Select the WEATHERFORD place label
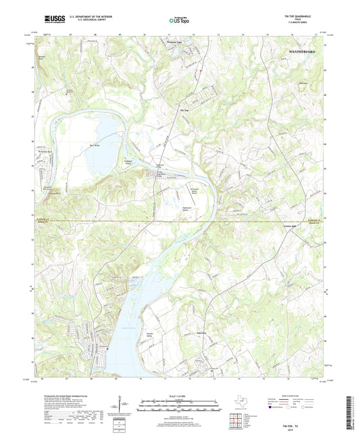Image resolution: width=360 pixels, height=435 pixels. click(x=303, y=51)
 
